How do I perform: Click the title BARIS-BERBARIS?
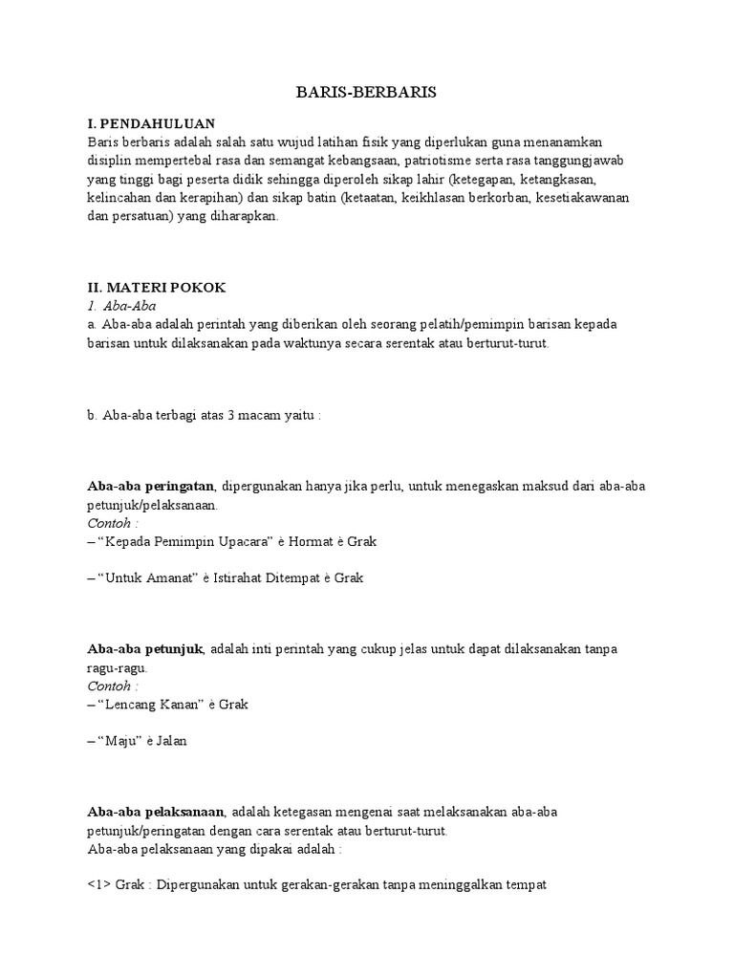(366, 92)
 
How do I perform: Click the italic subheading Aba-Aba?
(132, 306)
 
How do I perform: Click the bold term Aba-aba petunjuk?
(145, 649)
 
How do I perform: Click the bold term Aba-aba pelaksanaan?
(155, 812)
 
